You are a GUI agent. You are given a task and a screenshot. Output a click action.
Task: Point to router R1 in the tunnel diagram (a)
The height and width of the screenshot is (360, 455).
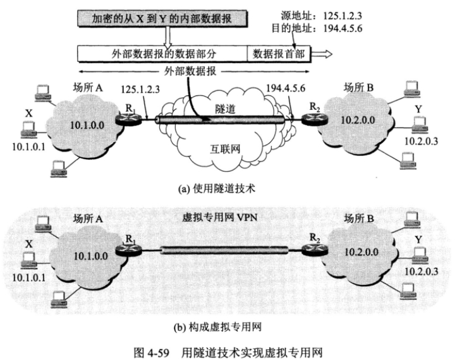pos(130,117)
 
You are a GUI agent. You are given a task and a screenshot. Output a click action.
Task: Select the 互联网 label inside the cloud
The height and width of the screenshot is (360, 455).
pos(224,151)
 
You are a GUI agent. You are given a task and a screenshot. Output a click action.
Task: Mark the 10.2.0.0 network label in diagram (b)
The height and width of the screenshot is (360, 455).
pos(358,251)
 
